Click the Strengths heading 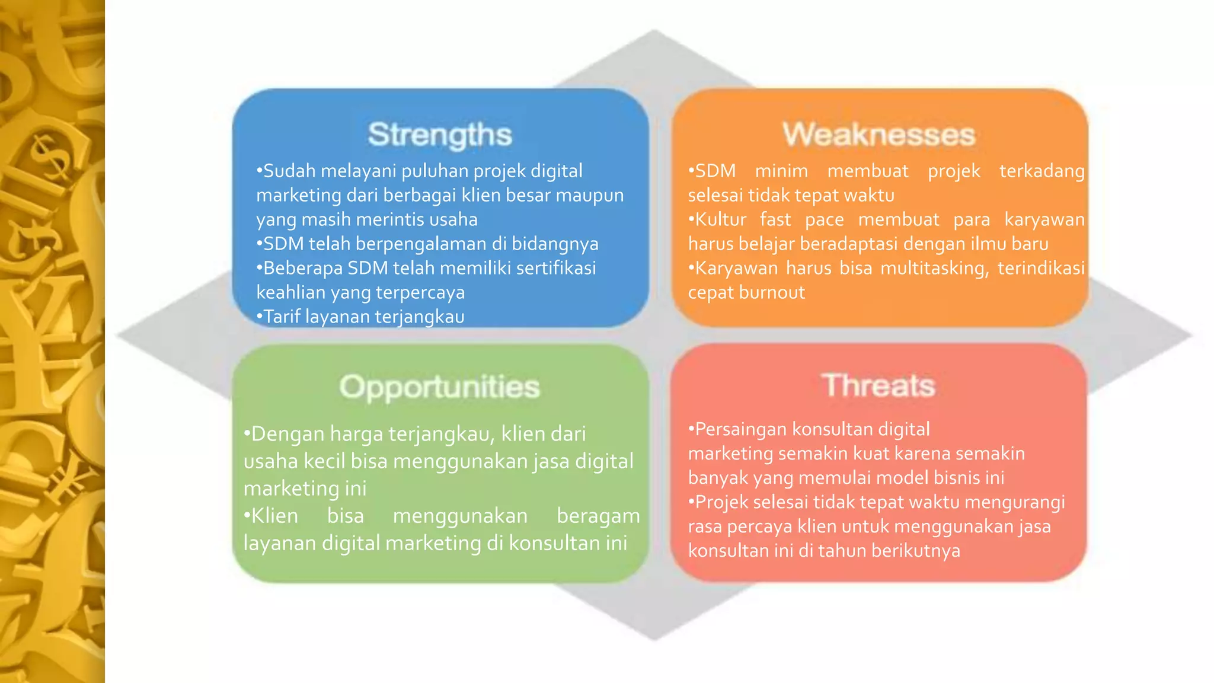tap(439, 135)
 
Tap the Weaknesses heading tap(878, 135)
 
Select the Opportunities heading tap(439, 387)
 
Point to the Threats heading tap(878, 386)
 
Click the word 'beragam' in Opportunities tap(598, 516)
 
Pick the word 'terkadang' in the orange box tap(1042, 171)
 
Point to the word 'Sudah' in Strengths tap(289, 171)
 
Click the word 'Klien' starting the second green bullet tap(274, 516)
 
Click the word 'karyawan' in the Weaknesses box tap(1044, 219)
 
